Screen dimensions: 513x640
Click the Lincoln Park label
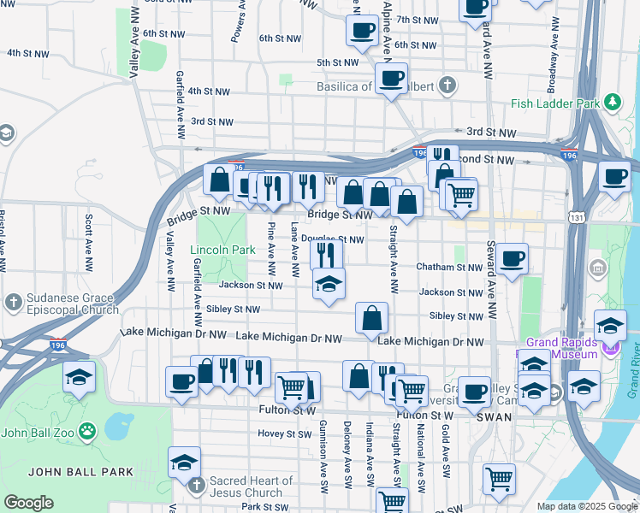(x=222, y=251)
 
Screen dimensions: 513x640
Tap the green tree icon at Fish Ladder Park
(x=612, y=103)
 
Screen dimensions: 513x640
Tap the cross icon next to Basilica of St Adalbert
(x=446, y=85)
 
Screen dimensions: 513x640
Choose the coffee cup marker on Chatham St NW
(x=513, y=258)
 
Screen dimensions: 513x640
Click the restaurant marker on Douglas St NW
(x=326, y=254)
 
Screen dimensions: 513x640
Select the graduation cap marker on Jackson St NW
(x=328, y=283)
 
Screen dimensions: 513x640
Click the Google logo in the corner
(x=28, y=503)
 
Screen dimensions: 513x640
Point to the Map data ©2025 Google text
(x=586, y=506)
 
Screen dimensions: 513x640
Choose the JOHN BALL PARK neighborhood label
(x=80, y=471)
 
